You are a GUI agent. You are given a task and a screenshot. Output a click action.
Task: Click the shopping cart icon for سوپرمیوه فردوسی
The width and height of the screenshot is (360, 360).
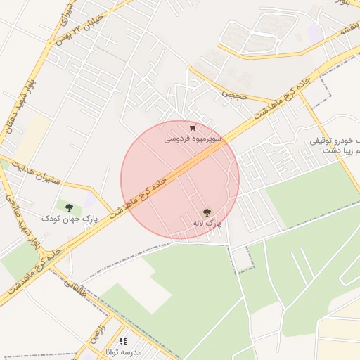[x=193, y=128]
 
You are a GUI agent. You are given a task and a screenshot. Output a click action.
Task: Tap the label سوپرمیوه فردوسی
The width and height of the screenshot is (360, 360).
[x=193, y=139]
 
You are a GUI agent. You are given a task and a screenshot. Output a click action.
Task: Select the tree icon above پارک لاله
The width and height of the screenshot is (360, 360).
[x=207, y=212]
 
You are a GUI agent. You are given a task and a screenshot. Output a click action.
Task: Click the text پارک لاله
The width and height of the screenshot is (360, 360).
[x=207, y=223]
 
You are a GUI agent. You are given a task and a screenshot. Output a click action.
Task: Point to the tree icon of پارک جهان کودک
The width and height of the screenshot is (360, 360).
[x=69, y=207]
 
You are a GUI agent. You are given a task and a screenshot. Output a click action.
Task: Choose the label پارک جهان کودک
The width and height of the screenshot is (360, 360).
[x=69, y=219]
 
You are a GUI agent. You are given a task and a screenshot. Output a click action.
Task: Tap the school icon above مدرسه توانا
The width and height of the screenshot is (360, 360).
[x=124, y=341]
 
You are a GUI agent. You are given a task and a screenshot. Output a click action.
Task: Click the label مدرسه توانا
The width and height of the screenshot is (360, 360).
[x=124, y=352]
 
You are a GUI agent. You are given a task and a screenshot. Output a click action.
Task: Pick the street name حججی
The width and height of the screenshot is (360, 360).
[x=231, y=92]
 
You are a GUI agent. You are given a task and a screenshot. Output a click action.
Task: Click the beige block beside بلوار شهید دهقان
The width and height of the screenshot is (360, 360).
[x=32, y=137]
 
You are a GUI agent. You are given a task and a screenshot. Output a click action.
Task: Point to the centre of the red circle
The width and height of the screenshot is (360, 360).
[x=180, y=180]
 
